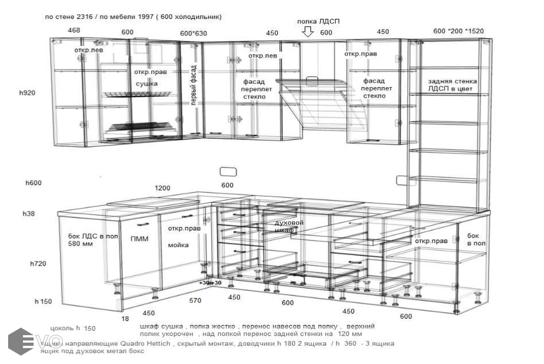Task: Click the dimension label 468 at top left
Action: pos(74,30)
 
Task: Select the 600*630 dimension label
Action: pos(193,34)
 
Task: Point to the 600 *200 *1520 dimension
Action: pos(458,31)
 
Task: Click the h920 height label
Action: pos(27,93)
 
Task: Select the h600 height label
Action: pos(34,183)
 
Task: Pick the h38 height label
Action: pos(28,214)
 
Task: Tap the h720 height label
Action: pos(38,264)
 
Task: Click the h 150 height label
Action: pos(43,301)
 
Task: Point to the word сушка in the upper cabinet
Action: pos(147,84)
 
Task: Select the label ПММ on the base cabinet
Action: pos(139,239)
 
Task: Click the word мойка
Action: pos(178,245)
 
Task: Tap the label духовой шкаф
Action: pos(288,226)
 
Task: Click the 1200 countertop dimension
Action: pos(162,188)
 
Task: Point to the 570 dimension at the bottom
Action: pos(195,301)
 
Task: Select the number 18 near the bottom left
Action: pos(125,319)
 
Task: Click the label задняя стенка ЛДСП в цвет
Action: pos(452,85)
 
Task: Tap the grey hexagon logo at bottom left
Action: pos(20,341)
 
